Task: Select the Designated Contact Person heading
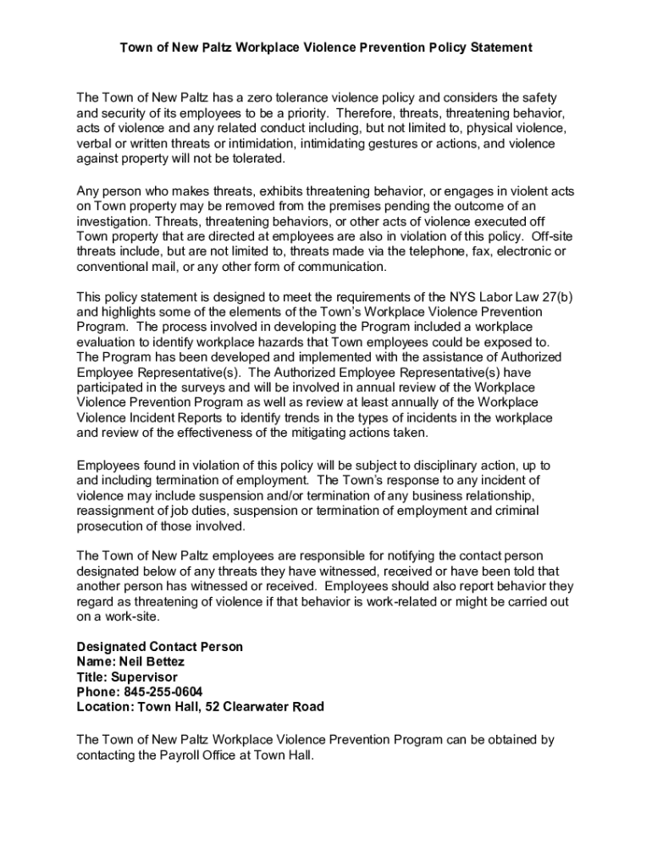coord(159,647)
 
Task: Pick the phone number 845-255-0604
coord(162,692)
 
